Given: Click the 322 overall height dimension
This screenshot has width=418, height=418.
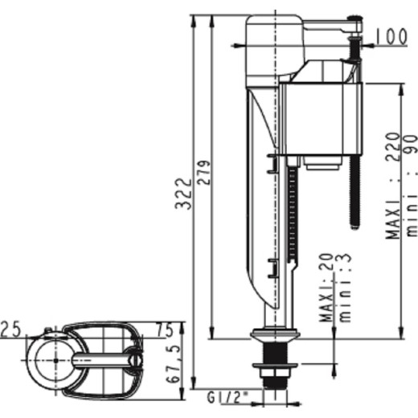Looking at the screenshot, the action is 183,194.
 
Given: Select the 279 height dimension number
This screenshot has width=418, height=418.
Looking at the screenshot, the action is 204,173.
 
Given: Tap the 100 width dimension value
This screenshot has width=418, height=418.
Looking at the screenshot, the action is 391,36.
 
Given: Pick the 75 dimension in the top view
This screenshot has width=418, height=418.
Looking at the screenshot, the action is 165,330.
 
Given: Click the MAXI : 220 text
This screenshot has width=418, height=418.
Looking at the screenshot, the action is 393,186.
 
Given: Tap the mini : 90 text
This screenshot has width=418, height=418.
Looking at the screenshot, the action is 412,186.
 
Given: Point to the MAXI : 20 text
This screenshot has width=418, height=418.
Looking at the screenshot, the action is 326,288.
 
